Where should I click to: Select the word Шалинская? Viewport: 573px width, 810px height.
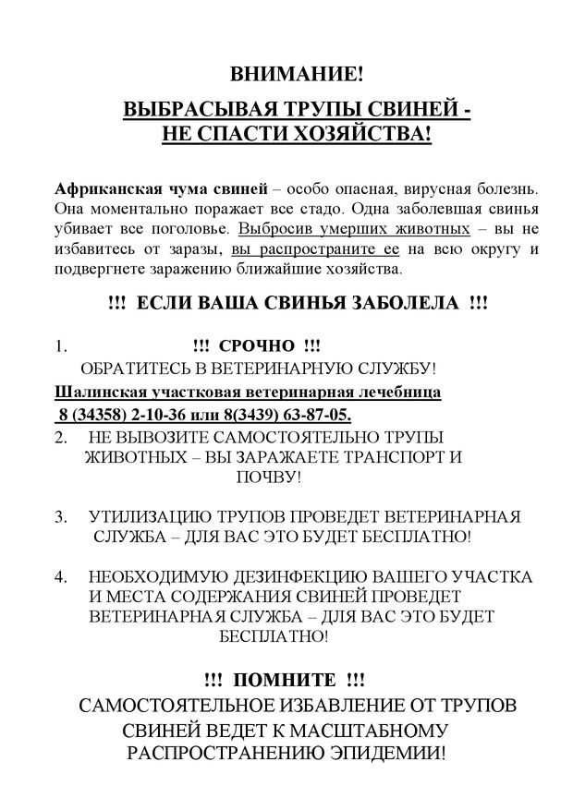click(96, 392)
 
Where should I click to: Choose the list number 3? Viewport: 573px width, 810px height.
click(61, 515)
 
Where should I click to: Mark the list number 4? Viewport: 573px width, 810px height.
click(61, 577)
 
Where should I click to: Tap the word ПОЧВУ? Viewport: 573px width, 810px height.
click(268, 478)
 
